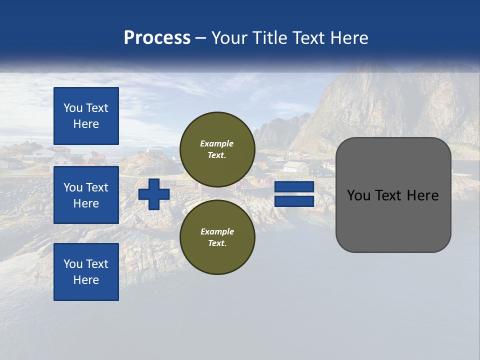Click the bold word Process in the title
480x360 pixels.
click(157, 38)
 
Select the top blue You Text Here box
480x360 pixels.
click(86, 116)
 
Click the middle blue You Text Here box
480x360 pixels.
click(86, 195)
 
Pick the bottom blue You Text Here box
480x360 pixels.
click(86, 272)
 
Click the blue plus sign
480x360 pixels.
click(154, 194)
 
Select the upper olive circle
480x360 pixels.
click(217, 149)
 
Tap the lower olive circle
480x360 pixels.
click(217, 237)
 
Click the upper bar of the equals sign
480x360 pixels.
click(294, 186)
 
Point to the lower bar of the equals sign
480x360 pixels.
click(294, 201)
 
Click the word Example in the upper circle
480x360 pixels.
click(217, 143)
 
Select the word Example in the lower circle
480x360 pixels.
click(217, 231)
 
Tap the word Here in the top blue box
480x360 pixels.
click(86, 124)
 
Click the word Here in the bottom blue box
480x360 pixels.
click(86, 280)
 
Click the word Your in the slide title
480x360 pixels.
click(228, 38)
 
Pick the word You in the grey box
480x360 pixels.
click(358, 195)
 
